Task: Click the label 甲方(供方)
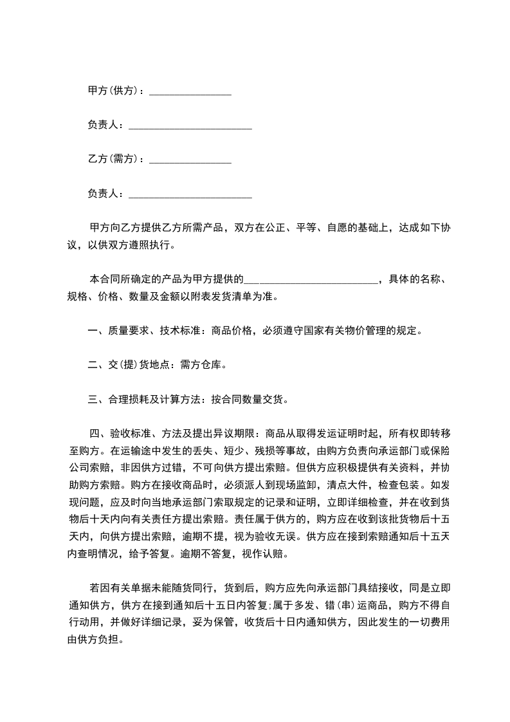click(x=113, y=91)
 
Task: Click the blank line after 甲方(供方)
click(x=190, y=93)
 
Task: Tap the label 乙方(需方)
click(x=113, y=159)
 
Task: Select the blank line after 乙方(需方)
click(x=190, y=162)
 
